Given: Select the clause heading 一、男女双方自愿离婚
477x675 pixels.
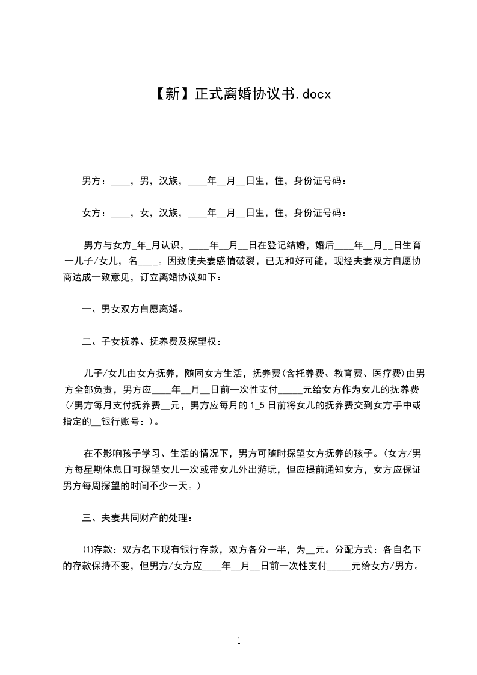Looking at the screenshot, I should click(x=132, y=310).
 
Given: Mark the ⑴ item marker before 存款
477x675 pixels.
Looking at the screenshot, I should click(x=87, y=549).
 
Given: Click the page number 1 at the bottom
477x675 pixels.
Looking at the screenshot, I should click(x=239, y=641).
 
